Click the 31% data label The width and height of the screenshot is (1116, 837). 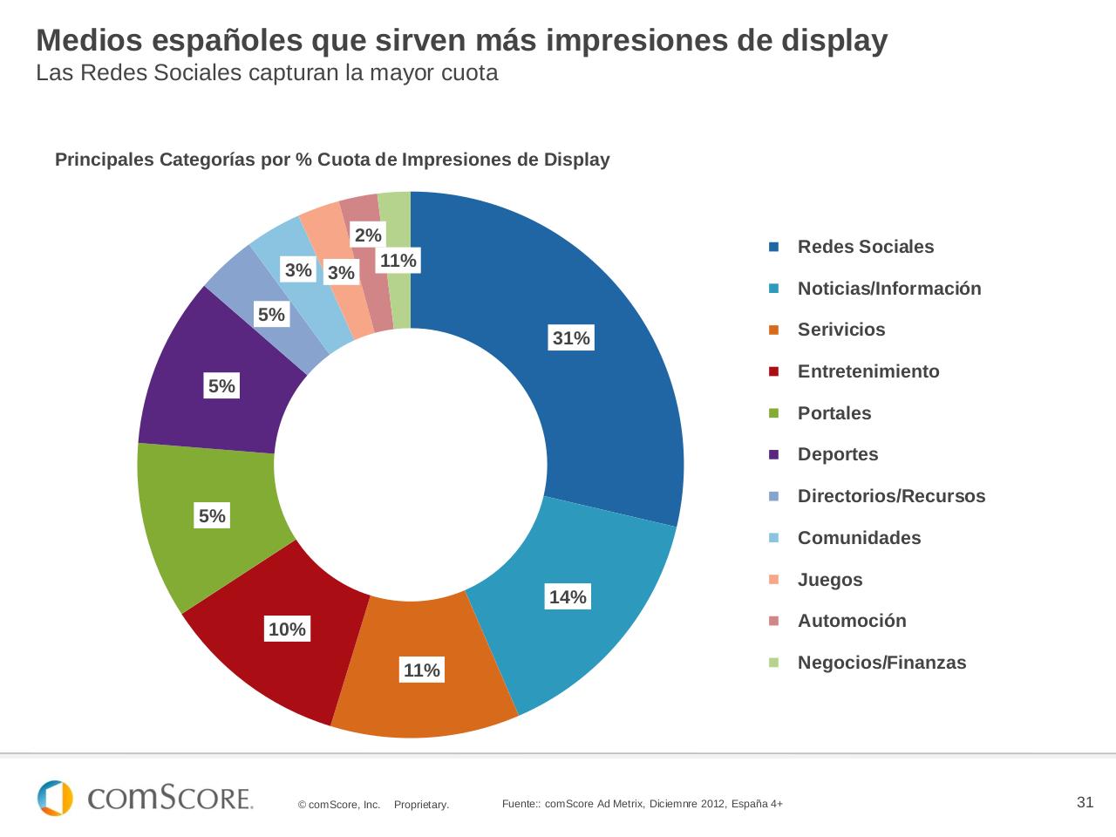click(571, 338)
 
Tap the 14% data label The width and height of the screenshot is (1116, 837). click(568, 597)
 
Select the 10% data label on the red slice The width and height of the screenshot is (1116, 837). click(287, 629)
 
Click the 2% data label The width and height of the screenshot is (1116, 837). click(368, 235)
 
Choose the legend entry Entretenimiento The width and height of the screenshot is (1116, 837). click(868, 371)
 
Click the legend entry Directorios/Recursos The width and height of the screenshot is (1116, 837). click(890, 496)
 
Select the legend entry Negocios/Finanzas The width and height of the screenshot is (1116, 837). click(881, 663)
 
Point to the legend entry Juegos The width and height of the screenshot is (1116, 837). click(829, 580)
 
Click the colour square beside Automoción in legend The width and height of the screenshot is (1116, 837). click(773, 621)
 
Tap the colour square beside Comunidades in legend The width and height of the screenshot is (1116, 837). click(773, 538)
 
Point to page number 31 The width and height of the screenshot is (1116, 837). click(1085, 802)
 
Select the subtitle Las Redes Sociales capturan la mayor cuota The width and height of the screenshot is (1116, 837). click(267, 73)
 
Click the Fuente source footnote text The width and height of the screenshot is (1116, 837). click(642, 804)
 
